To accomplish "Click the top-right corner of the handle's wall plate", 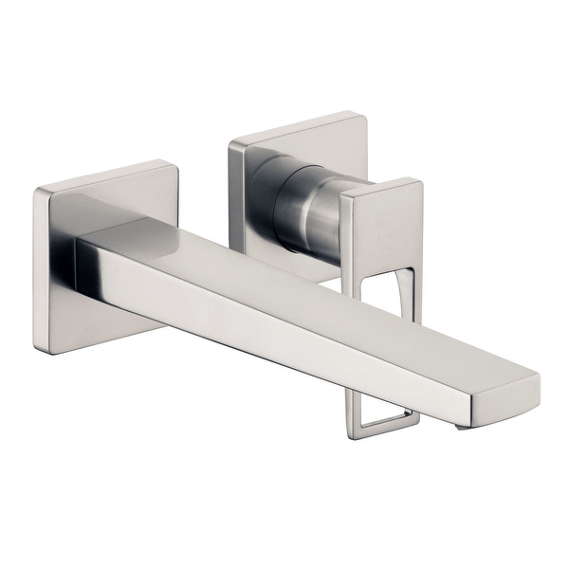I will click(363, 117).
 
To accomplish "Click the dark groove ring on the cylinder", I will click(284, 204).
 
